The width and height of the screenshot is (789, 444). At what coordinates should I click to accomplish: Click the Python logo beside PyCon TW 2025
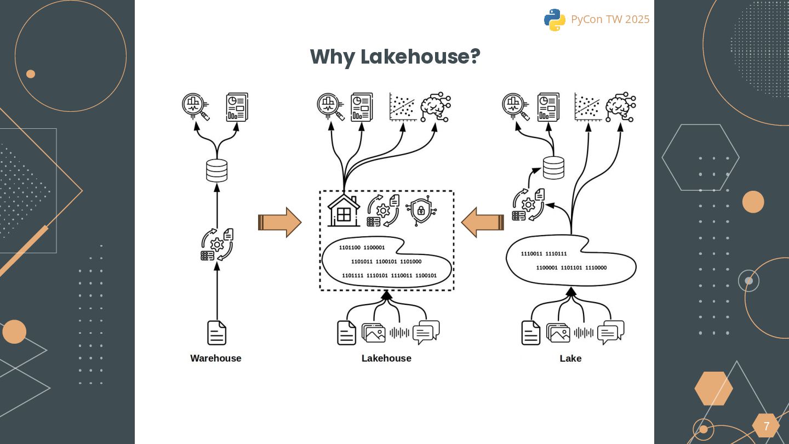pyautogui.click(x=554, y=20)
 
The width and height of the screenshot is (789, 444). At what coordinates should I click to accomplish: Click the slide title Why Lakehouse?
pyautogui.click(x=395, y=56)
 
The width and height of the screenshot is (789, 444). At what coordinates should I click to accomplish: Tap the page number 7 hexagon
pyautogui.click(x=766, y=426)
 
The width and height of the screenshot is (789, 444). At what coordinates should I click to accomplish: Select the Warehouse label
pyautogui.click(x=216, y=358)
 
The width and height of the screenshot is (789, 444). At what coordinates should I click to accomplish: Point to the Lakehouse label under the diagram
pyautogui.click(x=386, y=358)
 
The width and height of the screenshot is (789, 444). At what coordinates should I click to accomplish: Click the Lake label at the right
pyautogui.click(x=570, y=358)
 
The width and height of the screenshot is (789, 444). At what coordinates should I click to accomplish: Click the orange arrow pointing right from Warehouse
pyautogui.click(x=280, y=223)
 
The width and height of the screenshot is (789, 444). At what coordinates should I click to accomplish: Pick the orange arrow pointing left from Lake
pyautogui.click(x=482, y=223)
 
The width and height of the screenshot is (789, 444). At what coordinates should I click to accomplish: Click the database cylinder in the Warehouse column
pyautogui.click(x=216, y=170)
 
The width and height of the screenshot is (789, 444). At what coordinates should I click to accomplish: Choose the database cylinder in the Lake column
pyautogui.click(x=553, y=168)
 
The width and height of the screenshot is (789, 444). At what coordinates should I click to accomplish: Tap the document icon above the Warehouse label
pyautogui.click(x=217, y=333)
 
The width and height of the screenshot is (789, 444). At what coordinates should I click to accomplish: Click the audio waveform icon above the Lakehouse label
pyautogui.click(x=399, y=332)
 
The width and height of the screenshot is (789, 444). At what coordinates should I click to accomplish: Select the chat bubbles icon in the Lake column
pyautogui.click(x=610, y=332)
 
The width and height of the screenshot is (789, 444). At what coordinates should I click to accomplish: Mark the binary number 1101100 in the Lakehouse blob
pyautogui.click(x=350, y=248)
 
